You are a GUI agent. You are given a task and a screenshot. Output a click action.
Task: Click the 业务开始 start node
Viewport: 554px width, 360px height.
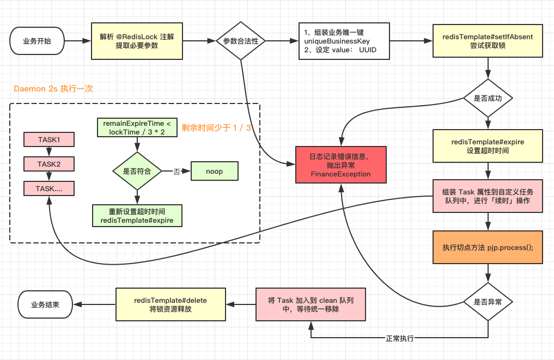click(x=37, y=41)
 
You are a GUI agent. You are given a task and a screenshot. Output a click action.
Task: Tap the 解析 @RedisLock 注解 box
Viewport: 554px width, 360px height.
click(x=136, y=41)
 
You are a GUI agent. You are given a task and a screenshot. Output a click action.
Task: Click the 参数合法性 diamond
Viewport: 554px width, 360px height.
click(x=241, y=41)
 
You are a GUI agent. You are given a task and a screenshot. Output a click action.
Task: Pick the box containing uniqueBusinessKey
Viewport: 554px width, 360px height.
click(x=344, y=41)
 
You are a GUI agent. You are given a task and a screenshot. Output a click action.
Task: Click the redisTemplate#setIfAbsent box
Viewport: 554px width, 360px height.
click(x=488, y=41)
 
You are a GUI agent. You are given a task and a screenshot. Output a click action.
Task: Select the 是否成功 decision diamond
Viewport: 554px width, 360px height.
click(x=488, y=99)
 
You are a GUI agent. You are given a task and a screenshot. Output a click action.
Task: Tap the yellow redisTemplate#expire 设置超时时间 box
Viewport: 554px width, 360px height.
click(x=488, y=146)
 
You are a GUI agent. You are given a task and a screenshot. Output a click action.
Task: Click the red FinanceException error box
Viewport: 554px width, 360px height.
click(x=340, y=165)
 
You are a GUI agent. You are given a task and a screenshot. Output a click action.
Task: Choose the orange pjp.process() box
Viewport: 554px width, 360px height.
click(x=488, y=247)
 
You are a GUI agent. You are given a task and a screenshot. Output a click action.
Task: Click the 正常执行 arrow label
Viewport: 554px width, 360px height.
click(x=400, y=338)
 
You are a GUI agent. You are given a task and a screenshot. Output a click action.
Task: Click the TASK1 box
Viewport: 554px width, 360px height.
click(x=49, y=139)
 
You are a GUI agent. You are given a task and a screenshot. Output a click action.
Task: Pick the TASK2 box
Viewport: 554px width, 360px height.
click(x=49, y=163)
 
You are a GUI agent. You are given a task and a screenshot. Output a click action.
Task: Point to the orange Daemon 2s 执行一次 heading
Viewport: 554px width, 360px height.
click(x=53, y=89)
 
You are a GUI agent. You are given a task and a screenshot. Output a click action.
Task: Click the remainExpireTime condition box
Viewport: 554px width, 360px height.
click(x=137, y=128)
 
